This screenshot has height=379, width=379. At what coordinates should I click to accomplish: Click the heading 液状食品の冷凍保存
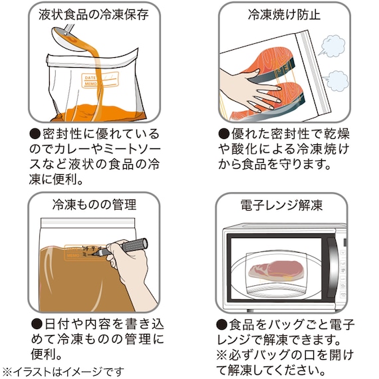coord(94,15)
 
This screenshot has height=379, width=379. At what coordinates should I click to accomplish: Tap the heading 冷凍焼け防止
coord(285,15)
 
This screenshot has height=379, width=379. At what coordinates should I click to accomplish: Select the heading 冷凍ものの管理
coord(94,205)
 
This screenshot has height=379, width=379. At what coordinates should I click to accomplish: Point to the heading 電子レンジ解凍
coord(282,205)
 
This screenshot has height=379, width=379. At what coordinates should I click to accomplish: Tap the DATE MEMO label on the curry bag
coord(100,80)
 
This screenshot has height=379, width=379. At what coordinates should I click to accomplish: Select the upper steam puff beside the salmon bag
coord(332,46)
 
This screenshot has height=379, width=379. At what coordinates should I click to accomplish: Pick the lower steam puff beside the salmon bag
coord(336,80)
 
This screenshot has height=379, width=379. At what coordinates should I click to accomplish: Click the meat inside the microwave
coord(276,270)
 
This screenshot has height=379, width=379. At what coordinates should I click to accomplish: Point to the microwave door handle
coord(332,269)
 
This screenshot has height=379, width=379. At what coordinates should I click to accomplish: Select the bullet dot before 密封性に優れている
coord(35,134)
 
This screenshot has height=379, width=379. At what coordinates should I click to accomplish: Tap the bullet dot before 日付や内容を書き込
coord(37,324)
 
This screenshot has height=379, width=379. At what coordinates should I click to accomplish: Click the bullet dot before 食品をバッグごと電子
coord(221,324)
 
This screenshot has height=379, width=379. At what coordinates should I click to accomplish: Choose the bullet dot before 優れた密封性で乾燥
coord(224,134)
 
